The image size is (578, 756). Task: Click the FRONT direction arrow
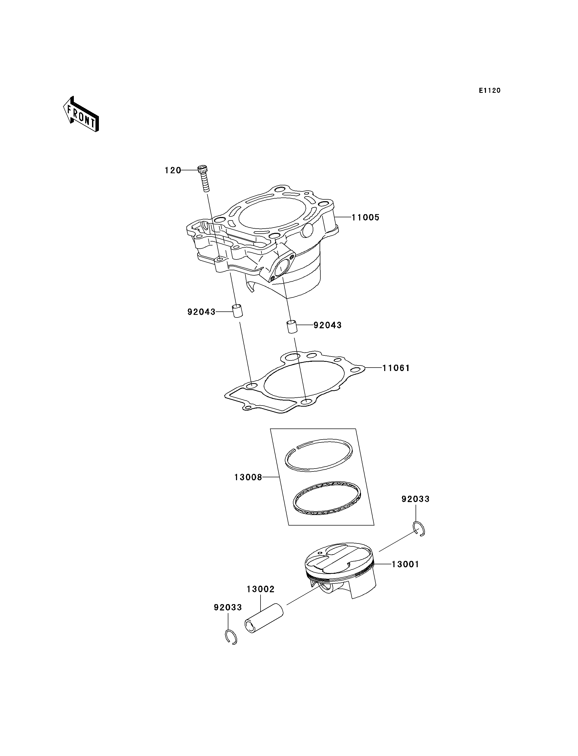(x=81, y=115)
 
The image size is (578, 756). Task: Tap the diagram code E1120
(x=490, y=90)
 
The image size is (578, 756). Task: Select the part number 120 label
(x=173, y=170)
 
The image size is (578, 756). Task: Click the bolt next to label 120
(x=204, y=179)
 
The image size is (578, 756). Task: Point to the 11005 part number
(x=365, y=218)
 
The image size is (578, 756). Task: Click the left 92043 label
(x=201, y=312)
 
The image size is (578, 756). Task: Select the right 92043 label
(x=327, y=325)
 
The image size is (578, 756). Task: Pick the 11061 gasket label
(x=396, y=368)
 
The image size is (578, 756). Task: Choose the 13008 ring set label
(x=248, y=477)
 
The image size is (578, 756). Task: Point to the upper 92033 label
(x=416, y=499)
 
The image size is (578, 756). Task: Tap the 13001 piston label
(x=405, y=564)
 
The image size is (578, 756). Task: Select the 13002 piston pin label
(x=261, y=589)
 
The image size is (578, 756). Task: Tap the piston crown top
(x=339, y=557)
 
